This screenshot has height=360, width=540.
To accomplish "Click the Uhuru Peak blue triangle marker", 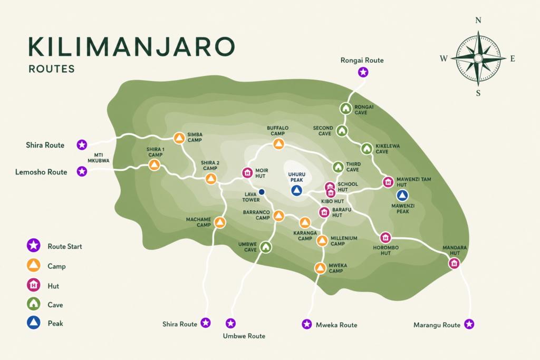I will click(297, 190).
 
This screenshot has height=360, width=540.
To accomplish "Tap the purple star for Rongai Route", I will click(363, 72).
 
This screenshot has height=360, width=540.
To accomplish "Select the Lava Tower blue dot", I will click(261, 192).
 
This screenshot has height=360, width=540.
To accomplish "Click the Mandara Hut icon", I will click(454, 263).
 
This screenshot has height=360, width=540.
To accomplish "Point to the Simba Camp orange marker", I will click(179, 138).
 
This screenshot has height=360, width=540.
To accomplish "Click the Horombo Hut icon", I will click(385, 238).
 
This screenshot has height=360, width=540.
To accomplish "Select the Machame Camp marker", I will click(220, 222).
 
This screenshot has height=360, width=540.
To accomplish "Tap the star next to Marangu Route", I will click(469, 324).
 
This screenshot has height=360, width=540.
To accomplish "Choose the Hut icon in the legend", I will click(34, 285).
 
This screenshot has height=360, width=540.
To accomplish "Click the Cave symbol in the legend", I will click(34, 304).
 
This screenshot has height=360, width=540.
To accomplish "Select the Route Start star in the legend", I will click(34, 246).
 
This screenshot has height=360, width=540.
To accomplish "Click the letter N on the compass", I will click(478, 21).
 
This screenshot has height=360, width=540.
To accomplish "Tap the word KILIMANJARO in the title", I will click(131, 47).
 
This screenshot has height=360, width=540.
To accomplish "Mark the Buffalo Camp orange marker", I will click(278, 144).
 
